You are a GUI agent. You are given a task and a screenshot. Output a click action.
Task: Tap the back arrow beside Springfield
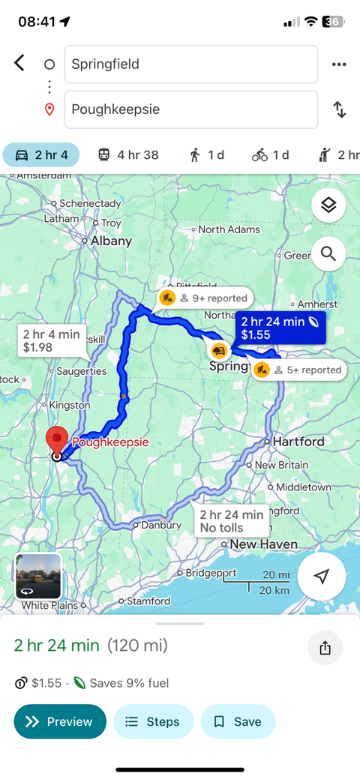click(19, 63)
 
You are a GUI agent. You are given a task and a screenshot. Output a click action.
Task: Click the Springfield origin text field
click(191, 64)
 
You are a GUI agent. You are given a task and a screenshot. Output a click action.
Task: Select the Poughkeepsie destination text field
click(191, 109)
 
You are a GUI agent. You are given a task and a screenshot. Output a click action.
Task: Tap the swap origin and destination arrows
click(339, 109)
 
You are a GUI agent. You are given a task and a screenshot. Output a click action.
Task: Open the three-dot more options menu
click(339, 64)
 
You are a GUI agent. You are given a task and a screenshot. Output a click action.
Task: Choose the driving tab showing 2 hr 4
click(41, 155)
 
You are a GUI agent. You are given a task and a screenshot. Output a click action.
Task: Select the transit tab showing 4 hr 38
click(128, 155)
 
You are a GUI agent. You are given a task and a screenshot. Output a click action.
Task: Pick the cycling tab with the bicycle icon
click(271, 155)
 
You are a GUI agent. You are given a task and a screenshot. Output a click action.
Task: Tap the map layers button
click(328, 205)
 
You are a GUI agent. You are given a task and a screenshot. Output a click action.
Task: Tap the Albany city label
click(111, 241)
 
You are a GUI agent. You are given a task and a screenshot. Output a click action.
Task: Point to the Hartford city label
click(298, 442)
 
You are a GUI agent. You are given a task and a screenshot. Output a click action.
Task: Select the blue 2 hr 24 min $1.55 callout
click(280, 328)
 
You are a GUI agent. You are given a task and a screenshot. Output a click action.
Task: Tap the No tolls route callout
click(231, 521)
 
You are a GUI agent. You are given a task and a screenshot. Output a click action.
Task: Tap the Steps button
click(153, 722)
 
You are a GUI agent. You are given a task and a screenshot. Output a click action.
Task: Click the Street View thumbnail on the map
click(38, 577)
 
